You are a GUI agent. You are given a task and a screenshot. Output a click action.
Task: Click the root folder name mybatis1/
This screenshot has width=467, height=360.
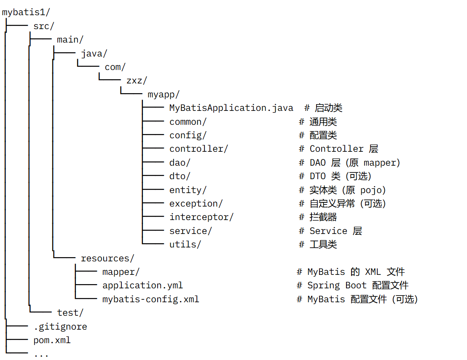26,12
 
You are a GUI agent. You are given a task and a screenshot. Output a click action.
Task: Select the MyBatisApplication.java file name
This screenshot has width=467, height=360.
231,108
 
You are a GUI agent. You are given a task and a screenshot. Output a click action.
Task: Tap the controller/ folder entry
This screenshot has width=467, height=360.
199,148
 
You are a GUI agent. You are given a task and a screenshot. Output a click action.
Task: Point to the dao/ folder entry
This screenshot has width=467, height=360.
180,163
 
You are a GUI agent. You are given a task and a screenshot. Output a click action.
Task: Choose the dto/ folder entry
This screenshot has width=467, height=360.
180,176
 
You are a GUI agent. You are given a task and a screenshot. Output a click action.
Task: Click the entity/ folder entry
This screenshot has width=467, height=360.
188,190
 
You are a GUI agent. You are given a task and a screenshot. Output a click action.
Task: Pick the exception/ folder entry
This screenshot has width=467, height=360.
196,203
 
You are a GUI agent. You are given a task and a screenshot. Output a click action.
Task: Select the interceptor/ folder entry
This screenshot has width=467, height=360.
201,217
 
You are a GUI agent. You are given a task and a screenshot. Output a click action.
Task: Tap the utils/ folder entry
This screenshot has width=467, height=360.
185,244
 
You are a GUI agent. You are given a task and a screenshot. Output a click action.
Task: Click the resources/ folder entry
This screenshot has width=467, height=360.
107,258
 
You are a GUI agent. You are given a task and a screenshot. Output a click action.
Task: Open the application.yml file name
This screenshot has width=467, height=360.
142,285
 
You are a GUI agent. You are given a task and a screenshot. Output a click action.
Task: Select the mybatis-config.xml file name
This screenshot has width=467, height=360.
151,299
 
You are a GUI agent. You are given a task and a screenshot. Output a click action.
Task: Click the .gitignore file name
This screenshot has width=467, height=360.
60,327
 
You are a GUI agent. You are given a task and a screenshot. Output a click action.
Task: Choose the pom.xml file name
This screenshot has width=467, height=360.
52,340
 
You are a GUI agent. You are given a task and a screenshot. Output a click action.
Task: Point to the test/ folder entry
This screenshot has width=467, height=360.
70,313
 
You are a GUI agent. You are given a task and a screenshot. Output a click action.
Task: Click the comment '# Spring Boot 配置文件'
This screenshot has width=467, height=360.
353,285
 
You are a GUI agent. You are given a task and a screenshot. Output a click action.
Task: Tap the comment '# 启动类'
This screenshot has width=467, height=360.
323,108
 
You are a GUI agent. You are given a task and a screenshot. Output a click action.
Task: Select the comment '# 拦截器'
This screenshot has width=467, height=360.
318,217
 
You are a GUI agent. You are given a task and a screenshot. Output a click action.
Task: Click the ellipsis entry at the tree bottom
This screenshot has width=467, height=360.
41,355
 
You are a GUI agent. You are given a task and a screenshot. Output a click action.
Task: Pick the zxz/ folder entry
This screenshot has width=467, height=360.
137,81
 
